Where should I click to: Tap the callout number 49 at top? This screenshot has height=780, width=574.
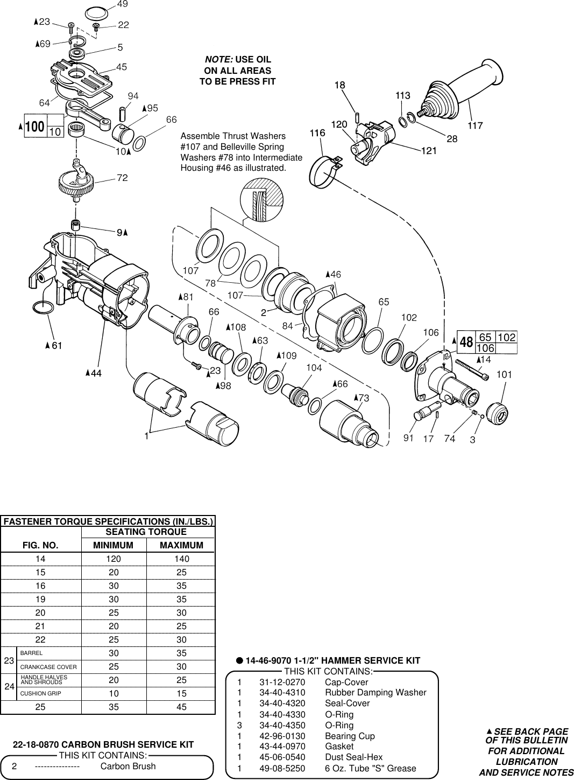[x=122, y=4]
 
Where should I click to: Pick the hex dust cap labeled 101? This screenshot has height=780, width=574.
[x=497, y=413]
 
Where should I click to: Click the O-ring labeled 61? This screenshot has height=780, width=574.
[x=43, y=308]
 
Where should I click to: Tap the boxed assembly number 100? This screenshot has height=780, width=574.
[x=35, y=127]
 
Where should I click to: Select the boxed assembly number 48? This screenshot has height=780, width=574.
[x=466, y=343]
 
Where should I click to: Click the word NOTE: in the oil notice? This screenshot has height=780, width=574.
[x=218, y=59]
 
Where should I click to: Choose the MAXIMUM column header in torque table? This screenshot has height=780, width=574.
[x=181, y=545]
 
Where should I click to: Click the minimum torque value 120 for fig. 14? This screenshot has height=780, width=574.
[x=114, y=559]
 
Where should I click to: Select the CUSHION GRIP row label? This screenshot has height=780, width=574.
[x=40, y=693]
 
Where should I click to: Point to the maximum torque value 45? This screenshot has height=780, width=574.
[x=181, y=707]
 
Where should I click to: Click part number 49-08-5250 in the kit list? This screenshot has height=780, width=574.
[x=282, y=769]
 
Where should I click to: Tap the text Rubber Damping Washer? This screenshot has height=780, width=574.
[x=375, y=693]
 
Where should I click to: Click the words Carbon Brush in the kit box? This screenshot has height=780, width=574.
[x=128, y=767]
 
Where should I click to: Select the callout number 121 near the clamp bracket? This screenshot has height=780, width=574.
[x=429, y=151]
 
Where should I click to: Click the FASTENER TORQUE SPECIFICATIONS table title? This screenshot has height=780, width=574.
[x=108, y=521]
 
